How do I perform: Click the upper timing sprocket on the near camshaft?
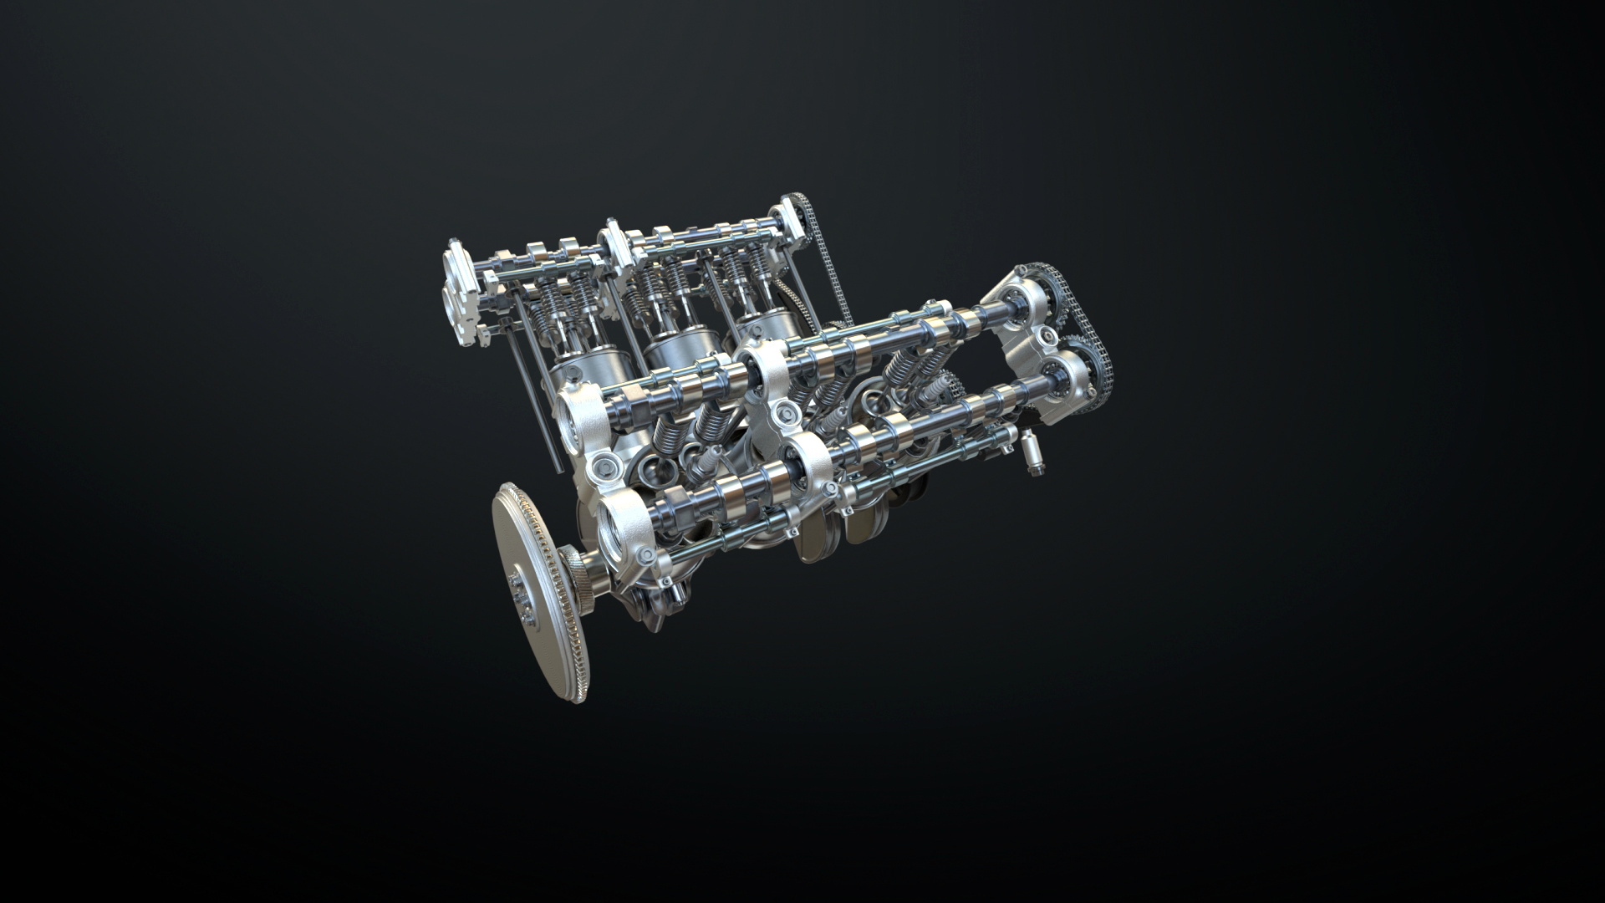pyautogui.click(x=1040, y=288)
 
